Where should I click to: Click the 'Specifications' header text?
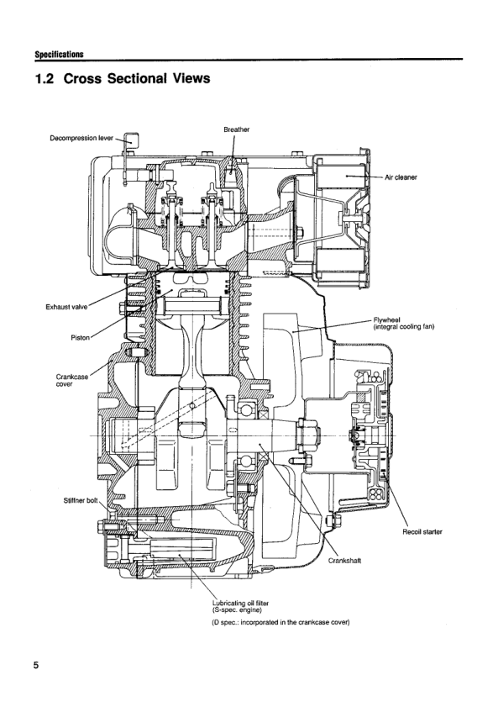pos(59,54)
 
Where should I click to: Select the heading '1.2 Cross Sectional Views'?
pos(123,78)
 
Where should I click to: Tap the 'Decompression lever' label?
pos(81,138)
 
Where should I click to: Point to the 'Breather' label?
pos(236,129)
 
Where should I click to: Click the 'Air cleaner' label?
pos(401,177)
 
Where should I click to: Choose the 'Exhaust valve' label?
pos(66,307)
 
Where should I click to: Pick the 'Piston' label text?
pos(80,337)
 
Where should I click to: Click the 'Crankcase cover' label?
pos(72,380)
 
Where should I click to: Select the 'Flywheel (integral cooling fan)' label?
pos(404,324)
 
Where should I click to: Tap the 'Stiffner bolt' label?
pos(81,500)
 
